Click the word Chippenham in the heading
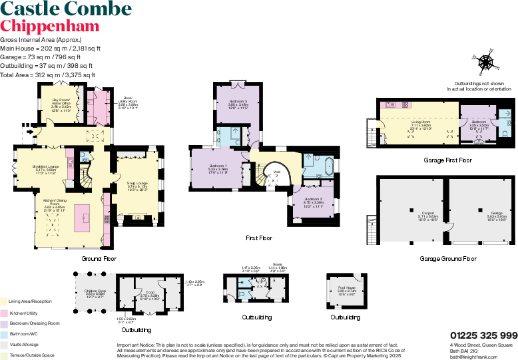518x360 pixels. (x=50, y=27)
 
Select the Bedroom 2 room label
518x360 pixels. (x=314, y=202)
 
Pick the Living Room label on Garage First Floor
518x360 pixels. (x=421, y=124)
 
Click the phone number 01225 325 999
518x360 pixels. (x=483, y=335)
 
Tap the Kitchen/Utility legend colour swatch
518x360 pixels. (x=3, y=312)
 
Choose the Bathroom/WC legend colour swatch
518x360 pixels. (x=3, y=333)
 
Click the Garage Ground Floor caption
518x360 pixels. (x=448, y=258)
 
